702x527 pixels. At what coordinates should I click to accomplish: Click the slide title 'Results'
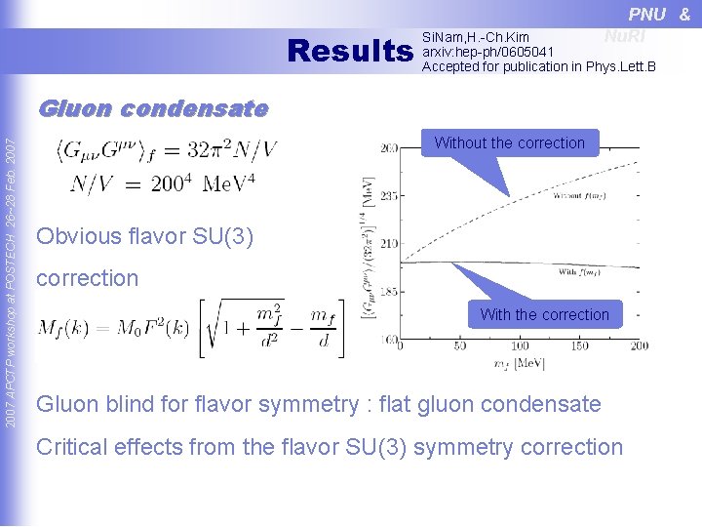[x=351, y=50]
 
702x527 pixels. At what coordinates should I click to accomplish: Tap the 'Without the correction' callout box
[x=509, y=143]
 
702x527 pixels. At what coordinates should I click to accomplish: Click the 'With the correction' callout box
[x=544, y=314]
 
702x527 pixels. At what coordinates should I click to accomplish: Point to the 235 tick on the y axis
[x=388, y=195]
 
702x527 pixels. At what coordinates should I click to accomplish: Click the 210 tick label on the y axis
[x=388, y=243]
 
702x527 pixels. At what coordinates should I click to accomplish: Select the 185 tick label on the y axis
[x=388, y=292]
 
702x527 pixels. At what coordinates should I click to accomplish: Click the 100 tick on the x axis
[x=520, y=346]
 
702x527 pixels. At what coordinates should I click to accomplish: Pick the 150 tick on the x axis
[x=579, y=346]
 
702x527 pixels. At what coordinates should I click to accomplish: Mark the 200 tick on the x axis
[x=639, y=346]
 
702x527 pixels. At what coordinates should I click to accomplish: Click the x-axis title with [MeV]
[x=520, y=364]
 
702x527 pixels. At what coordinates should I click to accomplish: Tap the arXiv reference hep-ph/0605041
[x=487, y=52]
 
